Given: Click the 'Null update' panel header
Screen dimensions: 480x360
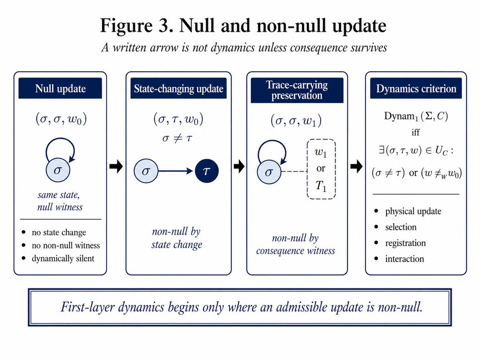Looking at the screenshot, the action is pos(60,88).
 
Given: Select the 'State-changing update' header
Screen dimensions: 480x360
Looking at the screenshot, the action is pos(178,88).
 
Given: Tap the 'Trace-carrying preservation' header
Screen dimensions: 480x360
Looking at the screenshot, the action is pos(297,90).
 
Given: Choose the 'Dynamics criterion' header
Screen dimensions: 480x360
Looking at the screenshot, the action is pos(416,88).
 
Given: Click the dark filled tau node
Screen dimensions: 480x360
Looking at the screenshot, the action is pos(207,171).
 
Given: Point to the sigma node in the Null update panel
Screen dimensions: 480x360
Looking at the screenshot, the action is pos(58,170).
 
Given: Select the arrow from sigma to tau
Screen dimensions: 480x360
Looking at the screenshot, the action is pos(175,171).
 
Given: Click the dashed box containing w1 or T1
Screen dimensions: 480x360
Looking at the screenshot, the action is pos(321,169).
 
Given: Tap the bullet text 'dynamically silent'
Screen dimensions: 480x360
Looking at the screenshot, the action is pos(63,258).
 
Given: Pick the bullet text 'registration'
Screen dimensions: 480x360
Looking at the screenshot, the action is pos(406,243).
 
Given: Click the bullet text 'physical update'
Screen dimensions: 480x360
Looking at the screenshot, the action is pos(413,211).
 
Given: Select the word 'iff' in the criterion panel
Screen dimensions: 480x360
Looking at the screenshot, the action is pos(416,132).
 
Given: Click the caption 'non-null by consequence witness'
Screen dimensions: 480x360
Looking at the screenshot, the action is pos(296,244).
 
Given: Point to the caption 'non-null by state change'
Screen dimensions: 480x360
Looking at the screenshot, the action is pos(177,238).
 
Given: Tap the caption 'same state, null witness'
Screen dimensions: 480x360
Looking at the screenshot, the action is pos(60,201).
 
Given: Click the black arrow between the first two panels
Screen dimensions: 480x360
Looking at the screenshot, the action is pos(116,166).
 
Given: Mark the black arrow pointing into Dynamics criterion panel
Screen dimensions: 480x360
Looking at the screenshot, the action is pos(356,166).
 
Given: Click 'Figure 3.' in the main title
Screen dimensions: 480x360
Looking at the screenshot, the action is pos(137,26).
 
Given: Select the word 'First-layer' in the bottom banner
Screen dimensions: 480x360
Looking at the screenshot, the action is pos(88,307).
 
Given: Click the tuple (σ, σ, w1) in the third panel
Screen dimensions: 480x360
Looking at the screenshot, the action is pos(296,120).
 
